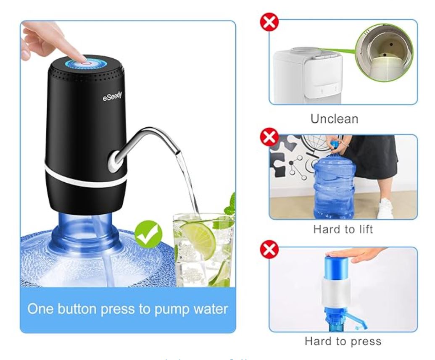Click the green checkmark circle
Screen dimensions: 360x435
coord(148,234)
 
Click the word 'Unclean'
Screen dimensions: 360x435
coord(335,119)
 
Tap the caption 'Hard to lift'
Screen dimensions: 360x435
coord(343,229)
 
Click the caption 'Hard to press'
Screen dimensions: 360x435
coord(343,341)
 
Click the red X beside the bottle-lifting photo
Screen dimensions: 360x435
coord(269,137)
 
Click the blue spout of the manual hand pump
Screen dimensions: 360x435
coord(357,324)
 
